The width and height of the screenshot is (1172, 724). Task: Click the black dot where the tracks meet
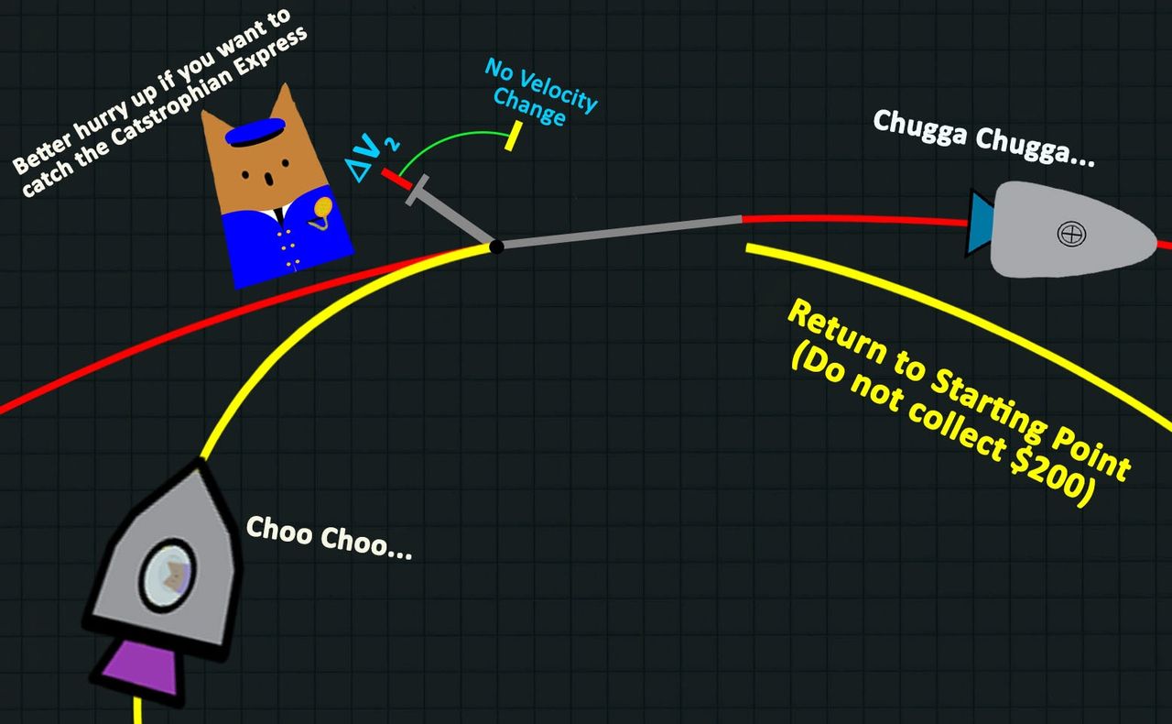(496, 247)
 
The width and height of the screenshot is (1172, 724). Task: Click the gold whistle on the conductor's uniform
(321, 212)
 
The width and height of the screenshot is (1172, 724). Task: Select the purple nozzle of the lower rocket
(141, 670)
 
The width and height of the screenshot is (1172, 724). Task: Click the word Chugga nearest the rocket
(1038, 144)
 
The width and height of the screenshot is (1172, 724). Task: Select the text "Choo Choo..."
(329, 540)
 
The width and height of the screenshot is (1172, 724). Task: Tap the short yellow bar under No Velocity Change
(512, 137)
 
